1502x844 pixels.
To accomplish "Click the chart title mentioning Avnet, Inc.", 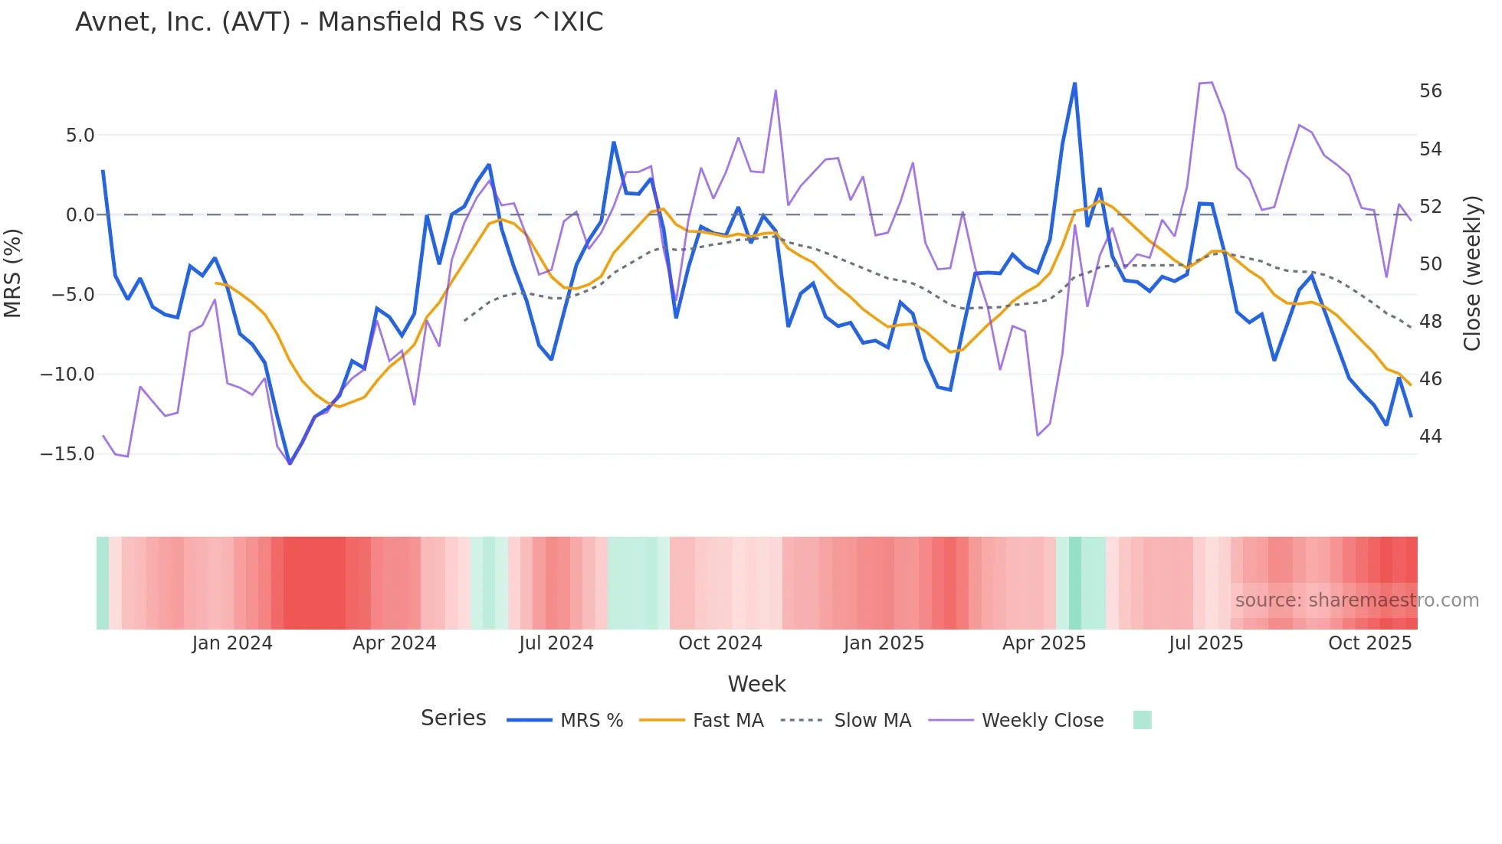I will click(x=339, y=22).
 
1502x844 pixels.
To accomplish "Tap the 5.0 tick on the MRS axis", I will click(x=80, y=136).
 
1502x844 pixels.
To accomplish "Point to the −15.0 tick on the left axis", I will click(x=67, y=454).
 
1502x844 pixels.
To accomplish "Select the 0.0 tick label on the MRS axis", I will click(x=80, y=215).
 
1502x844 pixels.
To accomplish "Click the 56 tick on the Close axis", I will click(x=1430, y=91).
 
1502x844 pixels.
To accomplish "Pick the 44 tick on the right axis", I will click(x=1430, y=437).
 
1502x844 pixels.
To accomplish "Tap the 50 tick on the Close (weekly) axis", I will click(x=1430, y=264).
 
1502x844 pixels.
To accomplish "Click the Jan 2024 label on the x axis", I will click(x=232, y=643).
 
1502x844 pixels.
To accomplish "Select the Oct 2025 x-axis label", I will click(x=1369, y=643).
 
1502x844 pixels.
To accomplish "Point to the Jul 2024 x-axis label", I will click(x=556, y=643).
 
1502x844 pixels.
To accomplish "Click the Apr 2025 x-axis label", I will click(x=1044, y=643).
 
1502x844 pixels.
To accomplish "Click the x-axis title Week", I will click(x=756, y=684).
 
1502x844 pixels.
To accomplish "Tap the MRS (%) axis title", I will click(x=13, y=273).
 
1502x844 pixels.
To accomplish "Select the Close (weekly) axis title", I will click(x=1471, y=273).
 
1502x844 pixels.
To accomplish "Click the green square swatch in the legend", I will click(x=1142, y=720).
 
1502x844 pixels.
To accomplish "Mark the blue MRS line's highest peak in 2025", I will click(x=1074, y=83).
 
